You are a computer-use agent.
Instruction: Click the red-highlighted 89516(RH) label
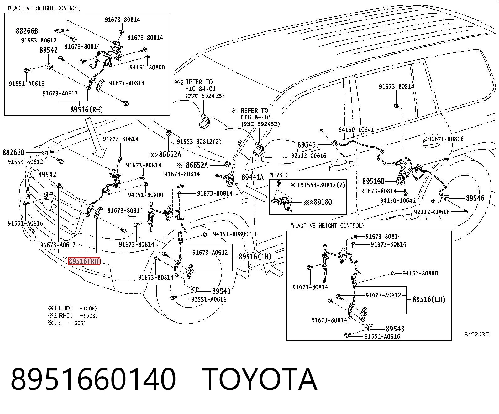point(84,261)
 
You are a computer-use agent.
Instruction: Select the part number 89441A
point(253,177)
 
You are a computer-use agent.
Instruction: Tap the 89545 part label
point(307,145)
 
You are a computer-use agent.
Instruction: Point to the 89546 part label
point(475,198)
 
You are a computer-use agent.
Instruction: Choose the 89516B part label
point(373,181)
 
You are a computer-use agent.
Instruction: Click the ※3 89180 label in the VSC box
point(318,202)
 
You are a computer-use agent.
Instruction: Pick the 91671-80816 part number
point(446,139)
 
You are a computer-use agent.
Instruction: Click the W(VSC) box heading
point(279,175)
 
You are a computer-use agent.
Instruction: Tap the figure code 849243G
point(477,335)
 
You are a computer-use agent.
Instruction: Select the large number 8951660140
point(93,379)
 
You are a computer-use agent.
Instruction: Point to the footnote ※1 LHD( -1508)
point(72,308)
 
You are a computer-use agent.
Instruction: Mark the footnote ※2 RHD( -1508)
point(72,316)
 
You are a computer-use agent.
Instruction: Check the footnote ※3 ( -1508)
point(67,323)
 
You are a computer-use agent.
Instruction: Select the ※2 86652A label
point(165,155)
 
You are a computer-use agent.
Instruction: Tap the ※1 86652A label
point(192,165)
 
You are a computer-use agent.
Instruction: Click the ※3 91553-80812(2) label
point(318,185)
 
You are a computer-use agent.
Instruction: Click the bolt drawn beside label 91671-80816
point(445,159)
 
